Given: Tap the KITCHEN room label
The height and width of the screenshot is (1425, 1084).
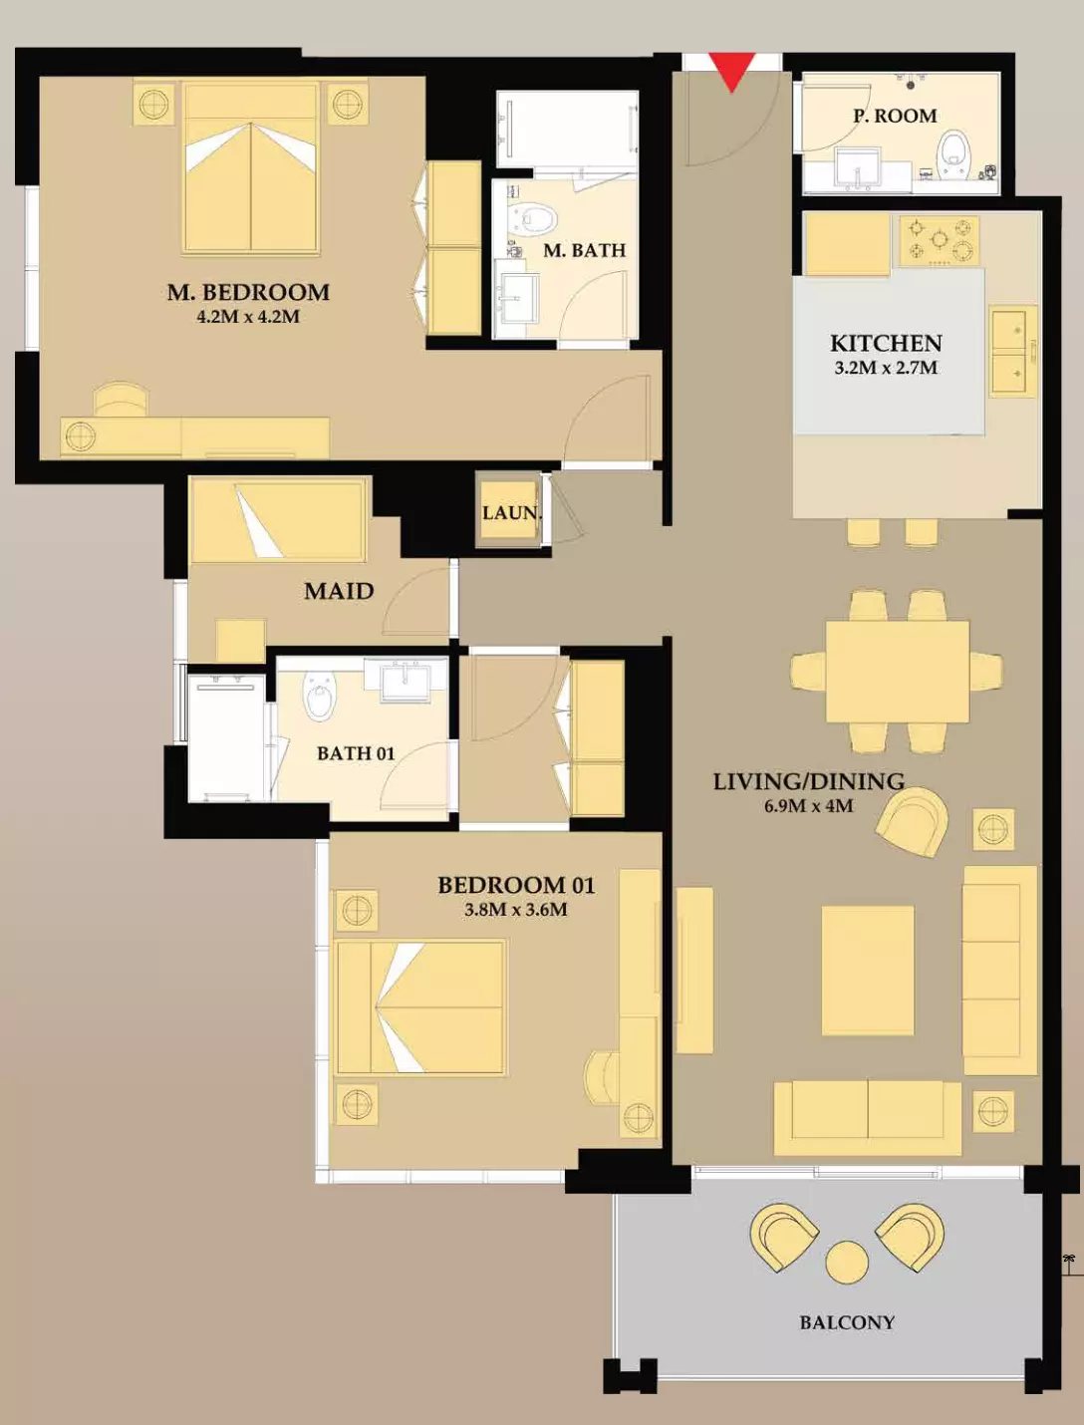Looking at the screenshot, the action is [x=886, y=343].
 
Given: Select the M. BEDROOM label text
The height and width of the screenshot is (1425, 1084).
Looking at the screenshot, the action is [x=249, y=292].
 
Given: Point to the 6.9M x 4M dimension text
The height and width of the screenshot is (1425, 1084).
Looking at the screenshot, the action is [x=808, y=806].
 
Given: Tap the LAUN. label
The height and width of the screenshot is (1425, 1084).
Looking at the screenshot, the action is [x=512, y=513].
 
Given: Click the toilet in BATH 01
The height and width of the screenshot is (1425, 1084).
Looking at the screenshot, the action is [x=320, y=695].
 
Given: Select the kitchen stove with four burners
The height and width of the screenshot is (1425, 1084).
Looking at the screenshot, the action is [x=940, y=241].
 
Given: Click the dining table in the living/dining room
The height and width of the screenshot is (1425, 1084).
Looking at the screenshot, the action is [x=898, y=672].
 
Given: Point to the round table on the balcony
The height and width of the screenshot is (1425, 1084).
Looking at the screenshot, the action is [x=847, y=1262].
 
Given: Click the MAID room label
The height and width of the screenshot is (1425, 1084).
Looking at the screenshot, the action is [x=339, y=591].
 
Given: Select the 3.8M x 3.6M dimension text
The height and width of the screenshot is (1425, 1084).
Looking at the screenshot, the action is [x=516, y=910].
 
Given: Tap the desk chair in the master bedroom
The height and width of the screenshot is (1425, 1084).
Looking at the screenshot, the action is [x=122, y=400].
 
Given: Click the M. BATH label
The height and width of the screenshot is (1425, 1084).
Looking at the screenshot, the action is [x=585, y=250].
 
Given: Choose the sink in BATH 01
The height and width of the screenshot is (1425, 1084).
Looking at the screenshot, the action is [x=406, y=680].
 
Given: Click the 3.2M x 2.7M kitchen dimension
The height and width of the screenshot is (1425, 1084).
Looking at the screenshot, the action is [x=886, y=368].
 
